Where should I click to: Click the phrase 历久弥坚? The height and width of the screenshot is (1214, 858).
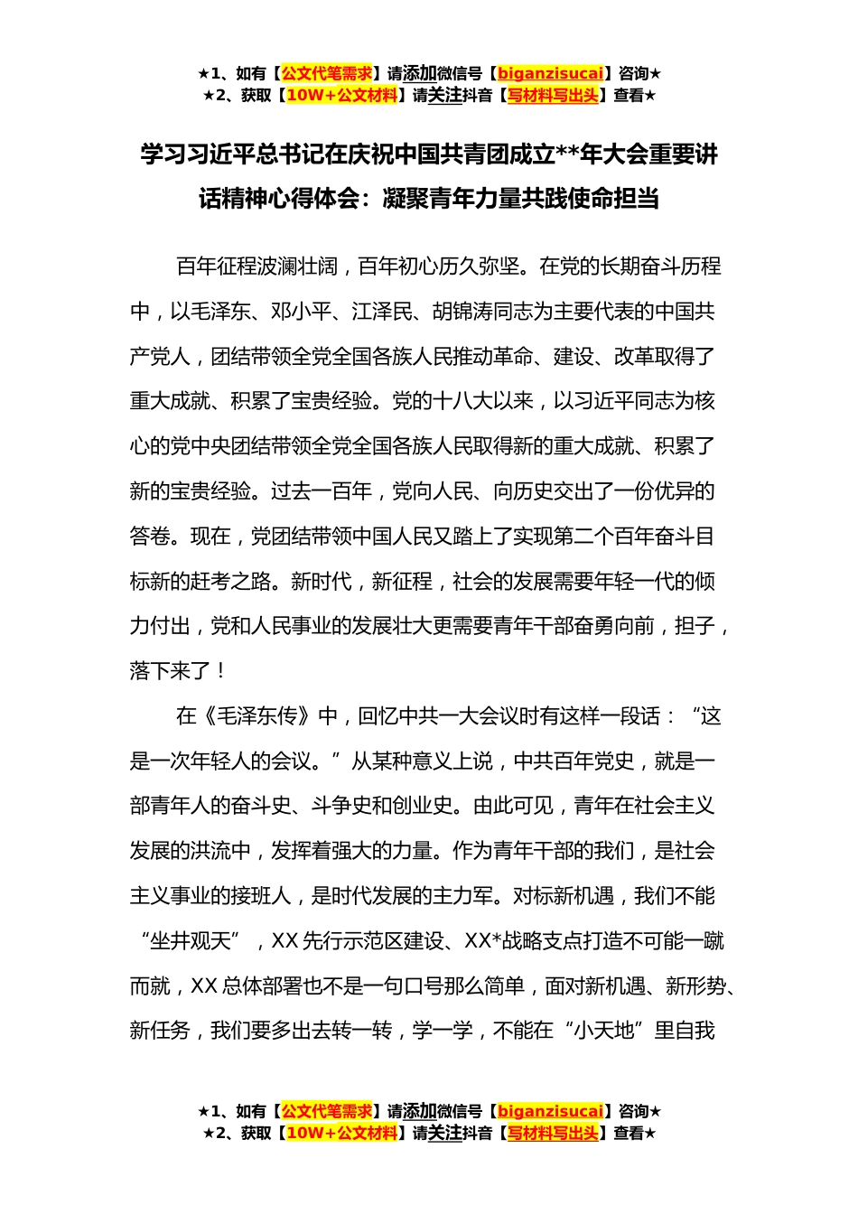[x=480, y=266]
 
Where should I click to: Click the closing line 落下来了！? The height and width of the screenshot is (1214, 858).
[x=177, y=671]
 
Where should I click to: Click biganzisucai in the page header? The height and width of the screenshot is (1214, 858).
[x=550, y=74]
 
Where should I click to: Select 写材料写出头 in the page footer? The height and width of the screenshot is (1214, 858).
[x=553, y=1134]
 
